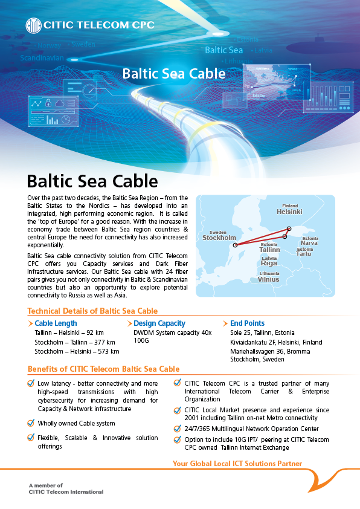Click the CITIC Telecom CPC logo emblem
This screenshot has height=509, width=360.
33,25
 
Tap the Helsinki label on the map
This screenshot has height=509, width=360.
289,212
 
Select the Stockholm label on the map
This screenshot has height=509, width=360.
219,238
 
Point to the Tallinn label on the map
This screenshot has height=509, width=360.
269,249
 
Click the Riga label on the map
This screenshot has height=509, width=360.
269,263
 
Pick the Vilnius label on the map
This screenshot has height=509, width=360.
269,279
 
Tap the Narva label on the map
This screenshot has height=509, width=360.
309,243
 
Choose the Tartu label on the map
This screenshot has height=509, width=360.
304,254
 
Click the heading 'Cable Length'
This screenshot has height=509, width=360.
56,323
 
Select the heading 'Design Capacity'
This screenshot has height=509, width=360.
159,323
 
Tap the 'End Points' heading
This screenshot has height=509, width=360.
247,323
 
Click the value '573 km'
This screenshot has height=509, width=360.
109,351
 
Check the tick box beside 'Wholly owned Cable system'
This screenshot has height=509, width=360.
31,423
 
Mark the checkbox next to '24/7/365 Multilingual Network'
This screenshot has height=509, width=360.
178,428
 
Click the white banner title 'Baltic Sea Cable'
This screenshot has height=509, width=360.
174,74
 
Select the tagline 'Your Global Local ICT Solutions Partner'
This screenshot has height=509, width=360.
237,464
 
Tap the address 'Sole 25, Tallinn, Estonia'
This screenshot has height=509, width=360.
262,332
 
